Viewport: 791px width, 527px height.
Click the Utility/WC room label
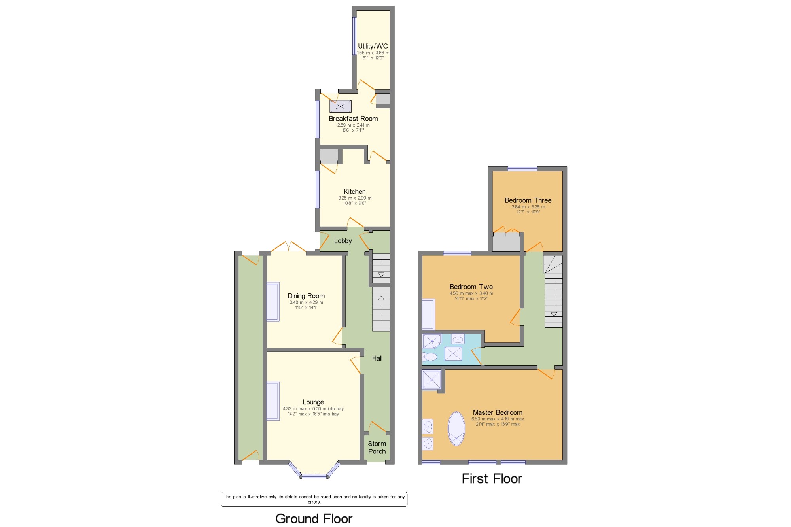(373, 46)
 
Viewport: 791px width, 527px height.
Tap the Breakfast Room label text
(353, 119)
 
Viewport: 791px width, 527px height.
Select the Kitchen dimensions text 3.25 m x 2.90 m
(355, 198)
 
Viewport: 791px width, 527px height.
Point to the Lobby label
(343, 241)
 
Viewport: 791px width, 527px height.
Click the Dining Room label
(306, 296)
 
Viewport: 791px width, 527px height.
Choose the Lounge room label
(313, 402)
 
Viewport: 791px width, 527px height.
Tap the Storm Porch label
(377, 448)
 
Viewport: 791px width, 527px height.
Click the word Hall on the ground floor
(377, 358)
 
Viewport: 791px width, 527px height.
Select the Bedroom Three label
(528, 200)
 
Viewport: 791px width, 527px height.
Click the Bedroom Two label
(471, 287)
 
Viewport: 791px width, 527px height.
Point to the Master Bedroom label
(498, 412)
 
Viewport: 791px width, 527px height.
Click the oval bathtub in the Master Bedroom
(456, 429)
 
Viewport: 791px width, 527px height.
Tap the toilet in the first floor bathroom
(430, 357)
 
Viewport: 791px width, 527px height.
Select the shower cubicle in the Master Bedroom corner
(431, 380)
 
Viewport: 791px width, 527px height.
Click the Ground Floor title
(314, 518)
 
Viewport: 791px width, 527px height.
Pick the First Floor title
(492, 479)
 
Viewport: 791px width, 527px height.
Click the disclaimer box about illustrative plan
(314, 499)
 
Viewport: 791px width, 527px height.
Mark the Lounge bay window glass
(314, 476)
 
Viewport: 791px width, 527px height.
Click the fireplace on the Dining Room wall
(273, 302)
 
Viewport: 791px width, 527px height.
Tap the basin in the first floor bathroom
(458, 339)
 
